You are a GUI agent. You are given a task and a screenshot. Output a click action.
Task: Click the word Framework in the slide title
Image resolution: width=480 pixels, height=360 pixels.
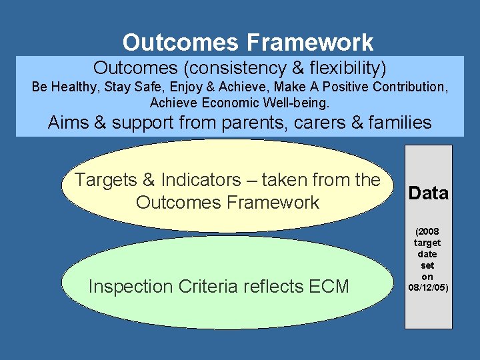click(310, 43)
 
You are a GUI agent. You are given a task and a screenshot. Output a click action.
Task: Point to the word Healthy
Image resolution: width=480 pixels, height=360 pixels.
click(73, 87)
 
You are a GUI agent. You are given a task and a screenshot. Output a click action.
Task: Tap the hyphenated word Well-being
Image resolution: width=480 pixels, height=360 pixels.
click(297, 103)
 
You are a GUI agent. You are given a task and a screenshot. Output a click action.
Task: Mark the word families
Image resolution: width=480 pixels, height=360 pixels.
click(397, 123)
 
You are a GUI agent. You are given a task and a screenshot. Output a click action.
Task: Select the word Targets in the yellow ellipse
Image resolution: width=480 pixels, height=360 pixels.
click(105, 180)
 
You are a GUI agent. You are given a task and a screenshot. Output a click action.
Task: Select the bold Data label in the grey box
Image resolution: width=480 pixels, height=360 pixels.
click(428, 193)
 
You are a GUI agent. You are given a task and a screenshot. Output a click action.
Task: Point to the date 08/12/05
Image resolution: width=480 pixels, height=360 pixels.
click(427, 287)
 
